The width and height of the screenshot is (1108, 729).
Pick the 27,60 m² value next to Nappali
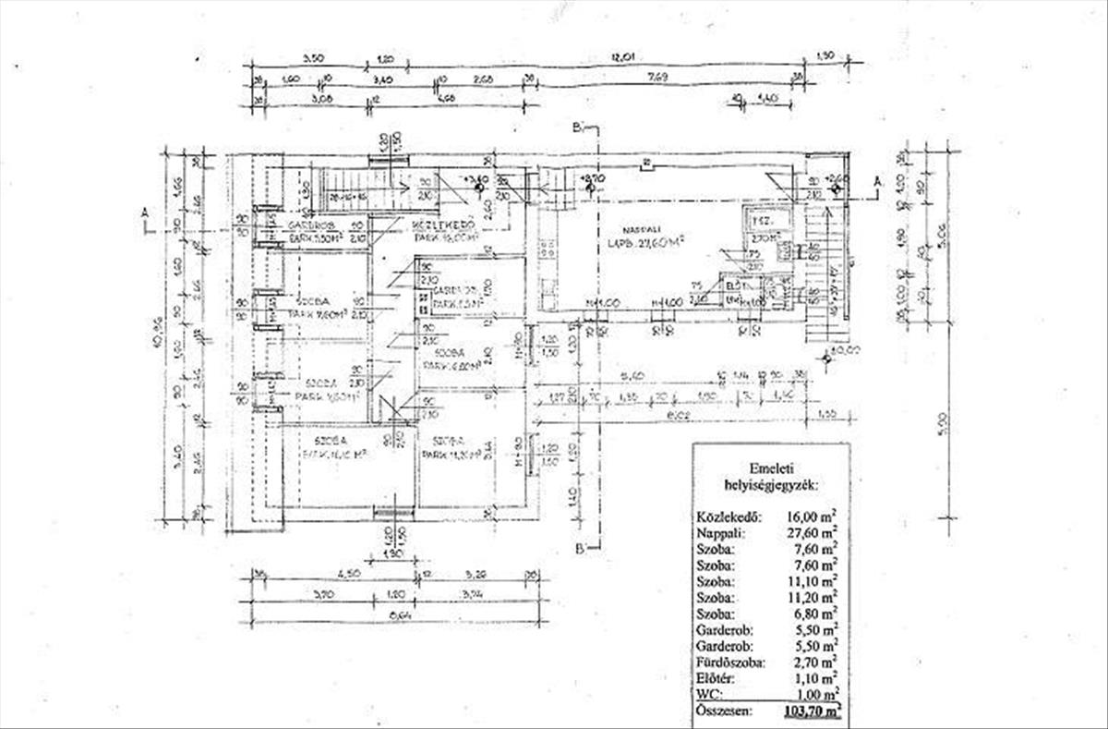813,533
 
